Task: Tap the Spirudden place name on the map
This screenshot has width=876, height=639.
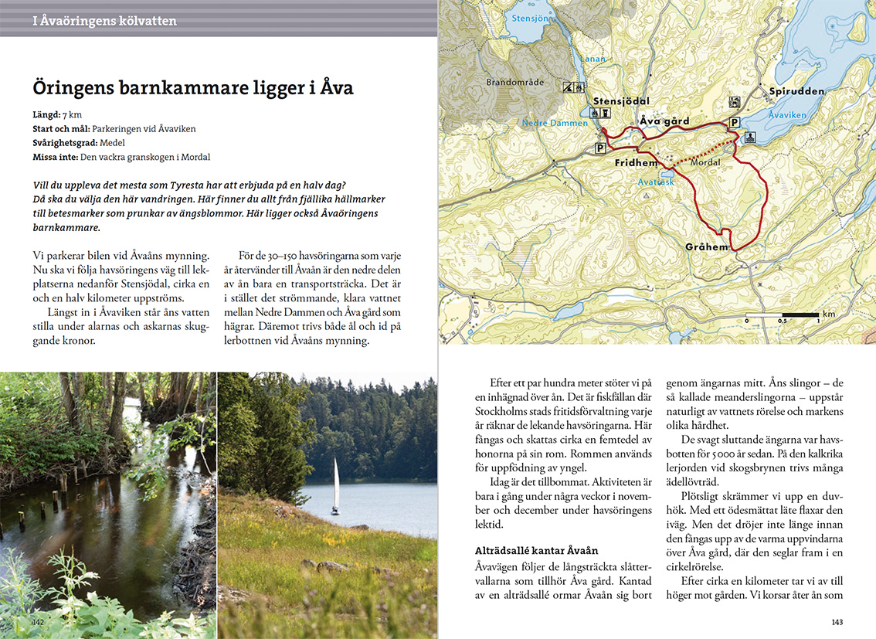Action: click(x=796, y=91)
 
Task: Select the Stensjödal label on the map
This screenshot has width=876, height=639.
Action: click(x=621, y=101)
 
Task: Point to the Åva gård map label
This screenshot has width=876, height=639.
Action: click(x=664, y=121)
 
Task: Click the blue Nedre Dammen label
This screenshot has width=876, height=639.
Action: click(x=555, y=123)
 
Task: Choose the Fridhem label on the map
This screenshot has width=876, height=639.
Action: click(x=636, y=163)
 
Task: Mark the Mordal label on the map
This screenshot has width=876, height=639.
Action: click(x=705, y=163)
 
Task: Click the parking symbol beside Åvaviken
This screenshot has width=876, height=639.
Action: click(x=734, y=122)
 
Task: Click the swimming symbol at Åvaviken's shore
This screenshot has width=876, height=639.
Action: click(x=749, y=138)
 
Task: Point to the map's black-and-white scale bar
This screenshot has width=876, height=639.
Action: click(x=783, y=314)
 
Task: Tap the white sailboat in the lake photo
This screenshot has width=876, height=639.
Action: click(x=335, y=486)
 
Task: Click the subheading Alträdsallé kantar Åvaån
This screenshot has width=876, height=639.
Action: click(x=536, y=550)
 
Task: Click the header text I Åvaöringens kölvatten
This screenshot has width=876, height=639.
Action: click(x=104, y=21)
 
